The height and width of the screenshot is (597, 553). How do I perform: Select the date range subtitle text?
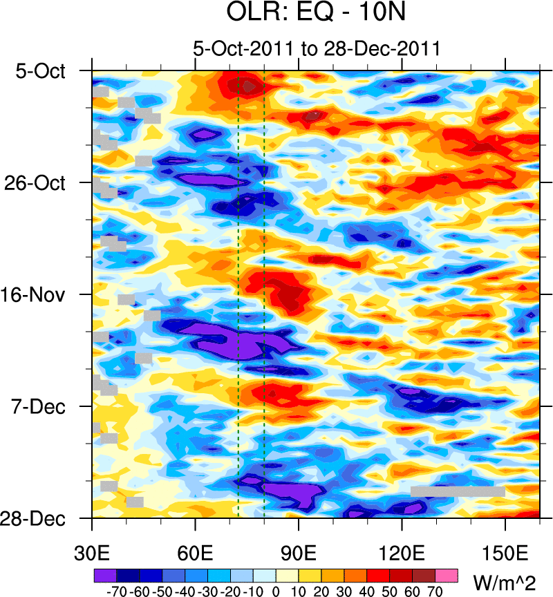coord(317,49)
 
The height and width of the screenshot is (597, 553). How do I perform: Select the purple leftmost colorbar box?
coord(105,575)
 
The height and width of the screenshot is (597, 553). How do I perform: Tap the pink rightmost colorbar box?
coord(447,575)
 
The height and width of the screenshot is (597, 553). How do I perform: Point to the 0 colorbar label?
coord(276,591)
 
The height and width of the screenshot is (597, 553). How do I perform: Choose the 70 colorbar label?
coord(435,591)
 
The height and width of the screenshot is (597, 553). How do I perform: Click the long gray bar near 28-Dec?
coord(458,491)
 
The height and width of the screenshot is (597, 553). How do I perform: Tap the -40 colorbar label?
coord(183,591)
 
